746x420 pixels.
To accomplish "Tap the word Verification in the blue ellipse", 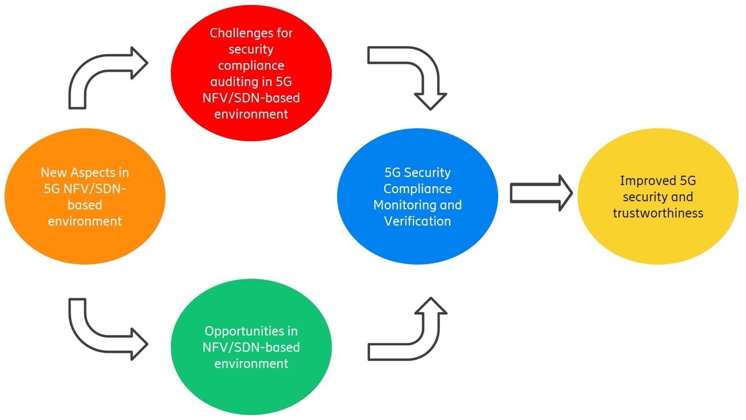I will coord(418,220).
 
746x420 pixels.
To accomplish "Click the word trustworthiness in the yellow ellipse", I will coord(657,213).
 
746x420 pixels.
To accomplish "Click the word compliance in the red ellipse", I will coord(251,66).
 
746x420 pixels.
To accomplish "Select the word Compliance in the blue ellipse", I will coord(418,189).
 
